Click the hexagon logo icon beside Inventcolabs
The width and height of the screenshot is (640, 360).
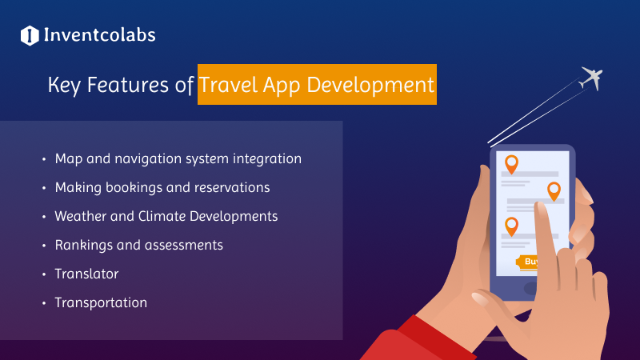point(30,35)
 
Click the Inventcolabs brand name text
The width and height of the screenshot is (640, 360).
point(99,35)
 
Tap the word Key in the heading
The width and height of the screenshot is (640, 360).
point(64,86)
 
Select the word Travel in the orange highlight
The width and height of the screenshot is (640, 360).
point(228,85)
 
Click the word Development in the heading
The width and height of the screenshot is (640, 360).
point(370,86)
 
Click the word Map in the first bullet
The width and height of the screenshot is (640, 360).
point(69,159)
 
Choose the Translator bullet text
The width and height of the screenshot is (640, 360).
point(86,274)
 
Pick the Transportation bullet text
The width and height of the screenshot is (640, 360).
point(101,303)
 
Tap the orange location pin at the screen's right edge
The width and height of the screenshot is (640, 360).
point(554,191)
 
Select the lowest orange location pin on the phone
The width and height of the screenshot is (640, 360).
point(511,226)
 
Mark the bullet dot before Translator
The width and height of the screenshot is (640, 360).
point(44,274)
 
